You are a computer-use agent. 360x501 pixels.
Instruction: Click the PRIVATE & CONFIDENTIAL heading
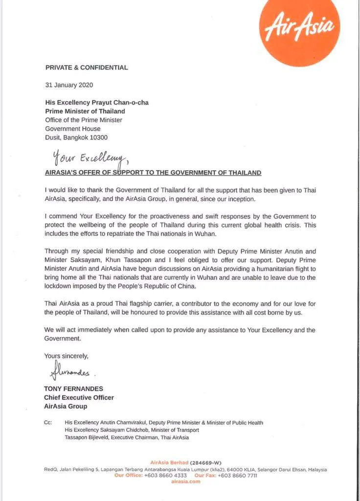click(87, 68)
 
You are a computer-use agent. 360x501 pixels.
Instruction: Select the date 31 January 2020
click(69, 85)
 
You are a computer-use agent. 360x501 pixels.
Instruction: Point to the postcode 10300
click(98, 137)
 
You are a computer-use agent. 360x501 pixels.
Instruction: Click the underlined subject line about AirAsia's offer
click(153, 173)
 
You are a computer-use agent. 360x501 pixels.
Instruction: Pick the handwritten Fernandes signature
click(69, 372)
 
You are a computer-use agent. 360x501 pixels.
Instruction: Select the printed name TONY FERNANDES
click(74, 389)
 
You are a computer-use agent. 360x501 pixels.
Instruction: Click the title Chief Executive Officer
click(79, 397)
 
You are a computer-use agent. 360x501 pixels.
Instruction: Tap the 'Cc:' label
click(48, 422)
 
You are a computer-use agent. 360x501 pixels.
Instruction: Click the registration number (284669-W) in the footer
click(206, 462)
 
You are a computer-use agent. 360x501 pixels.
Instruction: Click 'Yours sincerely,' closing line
click(67, 356)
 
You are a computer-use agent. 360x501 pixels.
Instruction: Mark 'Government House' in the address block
click(73, 129)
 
